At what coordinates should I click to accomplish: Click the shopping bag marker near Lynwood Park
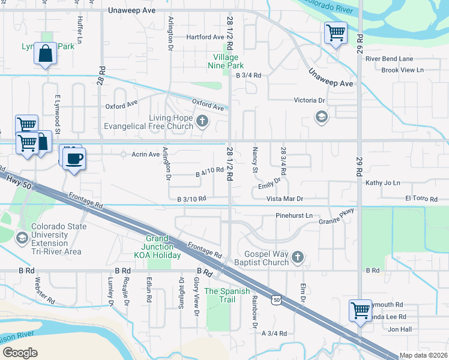click(45, 54)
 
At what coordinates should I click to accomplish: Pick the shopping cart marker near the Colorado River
click(336, 32)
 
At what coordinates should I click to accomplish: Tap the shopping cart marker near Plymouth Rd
click(360, 310)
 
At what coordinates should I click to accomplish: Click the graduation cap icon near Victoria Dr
click(322, 116)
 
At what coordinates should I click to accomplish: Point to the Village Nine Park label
click(227, 61)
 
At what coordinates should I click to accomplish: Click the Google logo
click(20, 352)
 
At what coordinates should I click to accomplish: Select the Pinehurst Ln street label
click(294, 215)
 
